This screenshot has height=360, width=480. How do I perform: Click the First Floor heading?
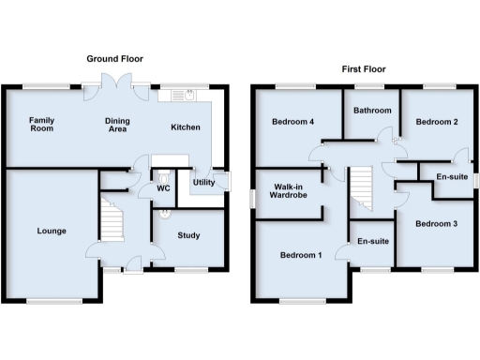click(x=362, y=68)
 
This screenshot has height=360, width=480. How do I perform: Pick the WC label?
click(x=163, y=188)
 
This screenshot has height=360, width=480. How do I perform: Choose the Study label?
click(x=187, y=235)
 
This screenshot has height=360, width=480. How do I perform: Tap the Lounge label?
click(x=51, y=230)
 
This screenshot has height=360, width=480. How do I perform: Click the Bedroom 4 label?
click(x=291, y=122)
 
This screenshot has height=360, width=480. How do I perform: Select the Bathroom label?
click(x=371, y=111)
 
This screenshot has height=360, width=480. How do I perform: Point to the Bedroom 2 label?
click(x=437, y=122)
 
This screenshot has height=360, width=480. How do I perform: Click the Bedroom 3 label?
click(x=437, y=223)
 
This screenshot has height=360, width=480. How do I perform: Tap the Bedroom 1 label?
click(x=300, y=255)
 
